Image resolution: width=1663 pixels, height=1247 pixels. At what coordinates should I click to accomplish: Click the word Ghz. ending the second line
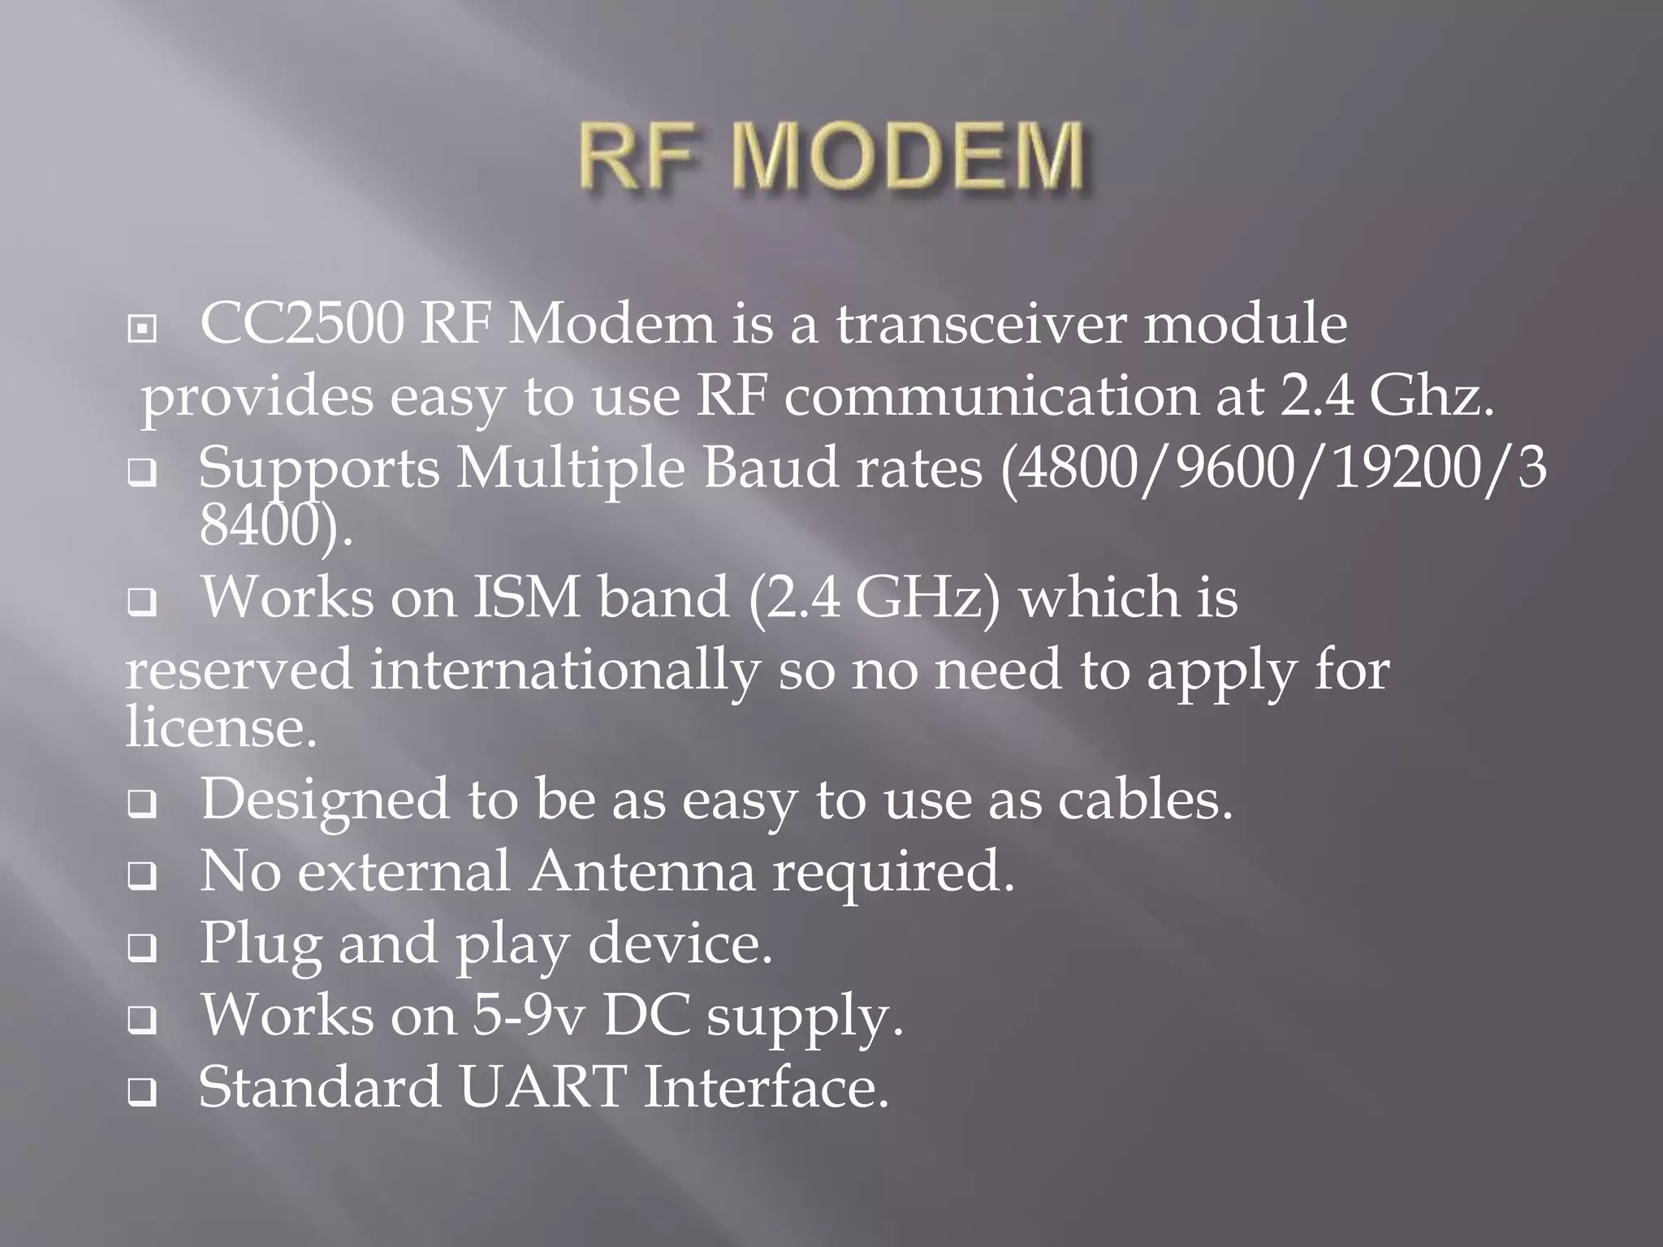point(1431,398)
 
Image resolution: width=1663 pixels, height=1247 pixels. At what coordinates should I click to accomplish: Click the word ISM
point(526,598)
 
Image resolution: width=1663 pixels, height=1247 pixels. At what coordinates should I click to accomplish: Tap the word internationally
point(564,671)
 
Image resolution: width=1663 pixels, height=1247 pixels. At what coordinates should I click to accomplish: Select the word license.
point(220,727)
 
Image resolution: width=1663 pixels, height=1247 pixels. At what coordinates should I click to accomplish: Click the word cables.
point(1145,800)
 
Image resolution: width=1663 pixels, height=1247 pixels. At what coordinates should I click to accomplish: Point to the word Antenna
point(641,872)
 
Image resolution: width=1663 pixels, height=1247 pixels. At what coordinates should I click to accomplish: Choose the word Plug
point(260,944)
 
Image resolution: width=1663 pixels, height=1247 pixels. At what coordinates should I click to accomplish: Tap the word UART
point(543,1088)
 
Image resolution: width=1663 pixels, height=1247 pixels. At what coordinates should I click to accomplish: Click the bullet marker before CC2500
point(142,330)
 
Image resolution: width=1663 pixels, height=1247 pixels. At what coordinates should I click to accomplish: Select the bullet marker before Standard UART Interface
point(142,1094)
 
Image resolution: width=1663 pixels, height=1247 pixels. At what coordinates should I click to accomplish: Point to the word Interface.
point(767,1088)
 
